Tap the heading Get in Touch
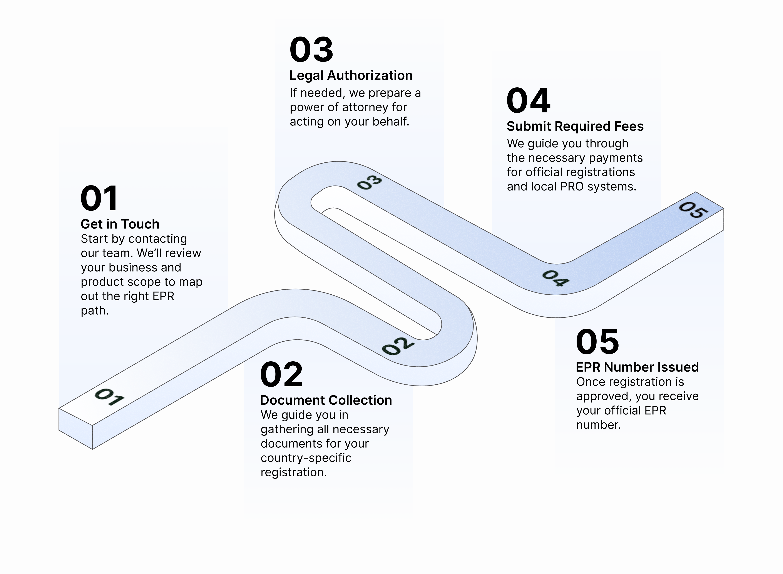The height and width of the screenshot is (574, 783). (x=120, y=224)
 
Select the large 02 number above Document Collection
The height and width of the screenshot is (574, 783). (x=281, y=375)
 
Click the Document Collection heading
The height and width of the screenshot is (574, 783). (x=326, y=400)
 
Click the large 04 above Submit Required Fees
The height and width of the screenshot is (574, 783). (x=528, y=101)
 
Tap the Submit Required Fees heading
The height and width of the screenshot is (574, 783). (x=575, y=126)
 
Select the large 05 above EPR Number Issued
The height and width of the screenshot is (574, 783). (x=597, y=342)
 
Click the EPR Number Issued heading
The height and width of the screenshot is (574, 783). (x=637, y=367)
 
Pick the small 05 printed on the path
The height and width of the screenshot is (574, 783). (x=693, y=210)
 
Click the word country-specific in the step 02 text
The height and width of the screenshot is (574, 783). (x=306, y=458)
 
